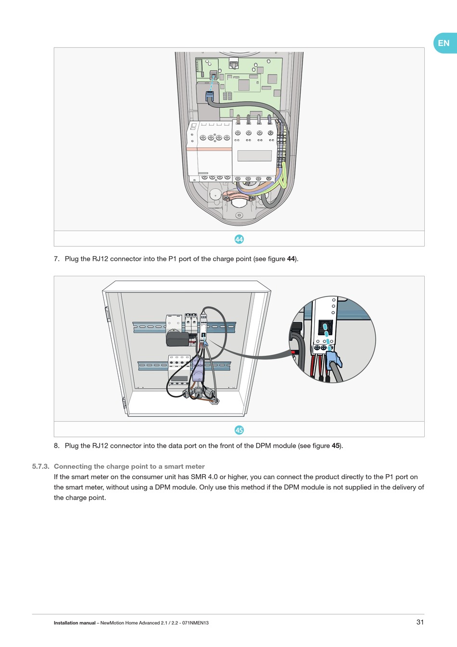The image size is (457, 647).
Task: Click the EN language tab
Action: [x=444, y=43]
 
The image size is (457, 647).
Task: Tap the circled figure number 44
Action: [x=239, y=239]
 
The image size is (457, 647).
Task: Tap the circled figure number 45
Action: [x=239, y=430]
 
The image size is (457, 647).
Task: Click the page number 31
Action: [x=420, y=622]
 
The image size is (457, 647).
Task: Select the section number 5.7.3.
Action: [x=40, y=466]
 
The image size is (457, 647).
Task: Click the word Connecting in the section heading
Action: [x=73, y=466]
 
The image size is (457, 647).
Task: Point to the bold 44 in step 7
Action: [x=291, y=259]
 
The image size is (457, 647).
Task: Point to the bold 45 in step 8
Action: [x=336, y=446]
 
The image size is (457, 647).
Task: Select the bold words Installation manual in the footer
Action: [x=75, y=623]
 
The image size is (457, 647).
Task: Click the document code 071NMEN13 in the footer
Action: [x=195, y=623]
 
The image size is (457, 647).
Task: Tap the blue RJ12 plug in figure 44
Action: [x=210, y=95]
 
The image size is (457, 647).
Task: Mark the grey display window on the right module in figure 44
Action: [x=254, y=155]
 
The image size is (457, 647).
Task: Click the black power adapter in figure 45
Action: [x=178, y=339]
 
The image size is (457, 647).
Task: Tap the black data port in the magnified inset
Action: [x=325, y=328]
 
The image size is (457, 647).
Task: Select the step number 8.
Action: [x=57, y=446]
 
